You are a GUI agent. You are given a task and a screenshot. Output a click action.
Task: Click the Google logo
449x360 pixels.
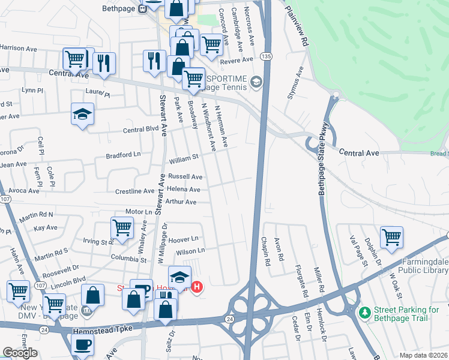pyautogui.click(x=20, y=353)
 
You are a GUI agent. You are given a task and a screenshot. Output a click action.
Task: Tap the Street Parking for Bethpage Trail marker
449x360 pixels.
pyautogui.click(x=363, y=313)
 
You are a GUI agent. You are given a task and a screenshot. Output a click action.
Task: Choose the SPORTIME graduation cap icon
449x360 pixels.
pyautogui.click(x=256, y=81)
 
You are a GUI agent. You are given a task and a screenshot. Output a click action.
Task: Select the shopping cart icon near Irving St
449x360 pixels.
pyautogui.click(x=122, y=228)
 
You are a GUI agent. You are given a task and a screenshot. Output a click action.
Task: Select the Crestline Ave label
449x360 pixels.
pyautogui.click(x=134, y=191)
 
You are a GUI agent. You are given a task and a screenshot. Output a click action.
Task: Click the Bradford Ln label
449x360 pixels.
pyautogui.click(x=122, y=155)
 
